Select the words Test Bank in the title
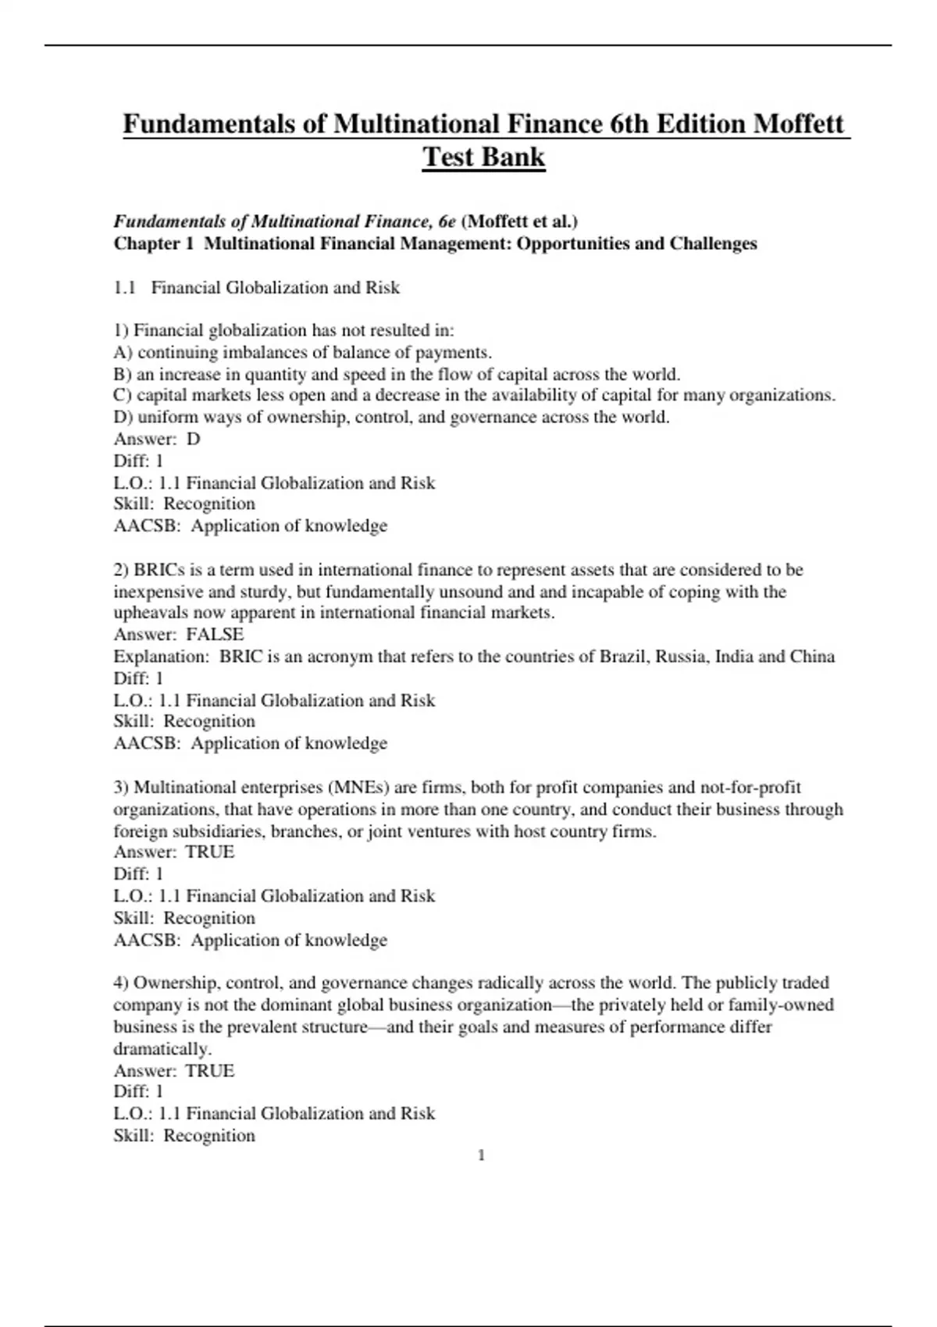[x=483, y=157]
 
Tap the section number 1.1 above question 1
[x=125, y=287]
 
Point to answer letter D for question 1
[x=194, y=439]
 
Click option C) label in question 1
[x=123, y=395]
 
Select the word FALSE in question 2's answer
[x=215, y=634]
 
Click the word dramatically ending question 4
[x=162, y=1048]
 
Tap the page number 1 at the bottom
[x=481, y=1155]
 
